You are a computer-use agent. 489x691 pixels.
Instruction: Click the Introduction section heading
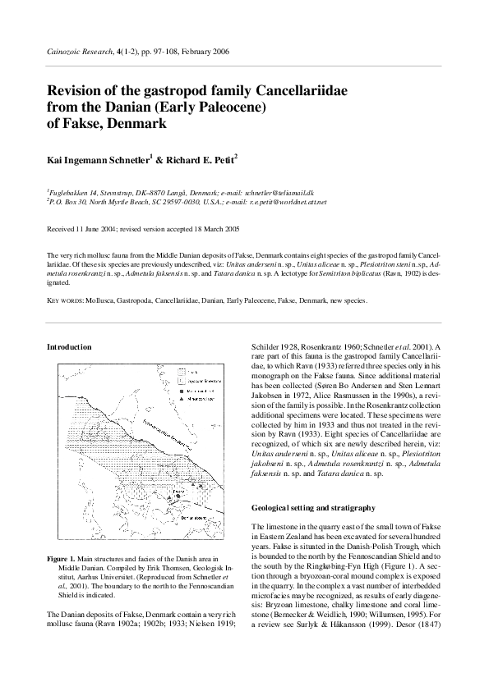click(x=70, y=348)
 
